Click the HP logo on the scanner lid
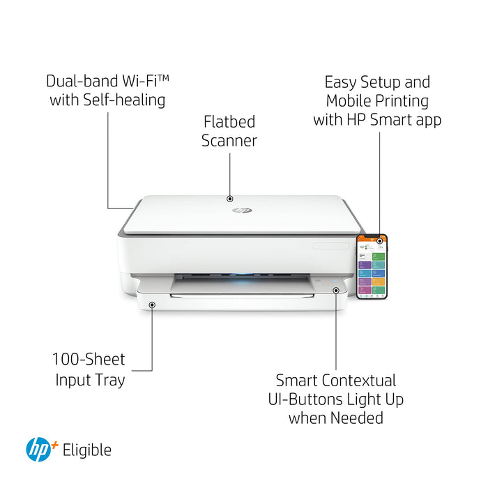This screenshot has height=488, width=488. coord(243,209)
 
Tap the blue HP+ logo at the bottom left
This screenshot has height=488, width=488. coord(40,450)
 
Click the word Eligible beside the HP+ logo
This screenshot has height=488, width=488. coord(86,450)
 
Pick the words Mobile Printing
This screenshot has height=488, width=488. coord(377,100)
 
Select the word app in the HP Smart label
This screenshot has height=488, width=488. coord(427,119)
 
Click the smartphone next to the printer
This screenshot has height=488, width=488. coord(372,266)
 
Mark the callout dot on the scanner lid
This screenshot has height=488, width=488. coord(230,199)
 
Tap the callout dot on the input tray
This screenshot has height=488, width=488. coord(152,304)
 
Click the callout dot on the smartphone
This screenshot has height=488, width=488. coord(380,241)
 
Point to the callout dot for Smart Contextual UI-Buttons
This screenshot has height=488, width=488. coord(336,289)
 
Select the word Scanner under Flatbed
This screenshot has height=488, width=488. coord(229,140)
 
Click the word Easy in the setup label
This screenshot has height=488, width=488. coord(342,82)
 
